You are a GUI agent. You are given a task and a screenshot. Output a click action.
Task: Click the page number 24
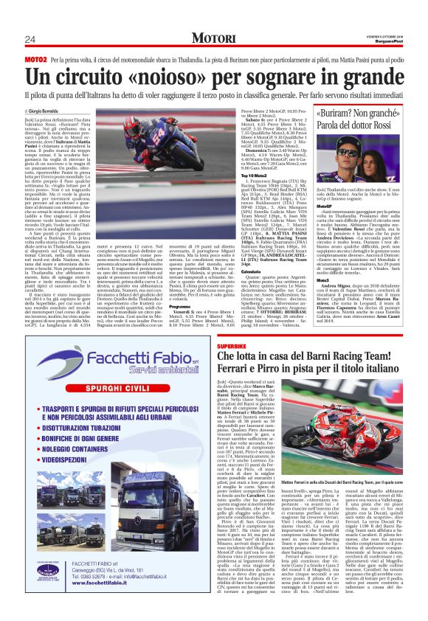[30, 38]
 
